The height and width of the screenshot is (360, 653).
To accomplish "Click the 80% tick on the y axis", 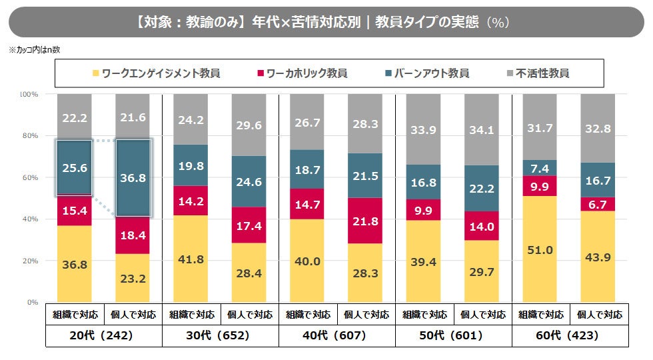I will (x=29, y=136).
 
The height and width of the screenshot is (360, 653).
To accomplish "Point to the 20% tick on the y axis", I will (x=29, y=261).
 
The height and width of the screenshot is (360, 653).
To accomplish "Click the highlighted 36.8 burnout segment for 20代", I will (x=133, y=177).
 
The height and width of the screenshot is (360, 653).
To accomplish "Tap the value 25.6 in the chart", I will (x=75, y=168).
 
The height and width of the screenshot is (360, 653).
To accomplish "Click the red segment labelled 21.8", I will (x=365, y=221).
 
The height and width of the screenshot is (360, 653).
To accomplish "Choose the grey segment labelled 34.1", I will (x=481, y=130).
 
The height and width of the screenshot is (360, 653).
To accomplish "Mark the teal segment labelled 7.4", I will (x=540, y=168).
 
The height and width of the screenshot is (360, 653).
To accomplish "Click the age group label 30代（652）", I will (x=220, y=336).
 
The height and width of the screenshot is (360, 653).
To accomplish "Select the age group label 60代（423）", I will (x=570, y=336).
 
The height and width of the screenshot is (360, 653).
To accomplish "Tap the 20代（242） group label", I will (x=103, y=336).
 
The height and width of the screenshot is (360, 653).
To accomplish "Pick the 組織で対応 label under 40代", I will (x=307, y=315).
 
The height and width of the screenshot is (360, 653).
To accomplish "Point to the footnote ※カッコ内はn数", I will (x=34, y=49).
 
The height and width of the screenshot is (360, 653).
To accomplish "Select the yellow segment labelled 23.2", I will (x=133, y=278).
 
